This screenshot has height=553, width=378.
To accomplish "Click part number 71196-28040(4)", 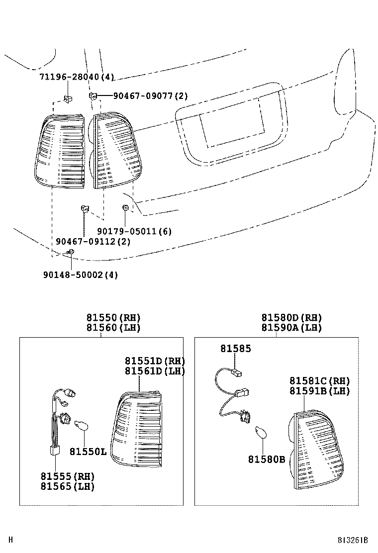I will (x=77, y=77).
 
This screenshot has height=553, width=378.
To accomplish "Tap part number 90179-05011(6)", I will (x=134, y=231).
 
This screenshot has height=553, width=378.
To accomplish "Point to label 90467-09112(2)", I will (x=93, y=242).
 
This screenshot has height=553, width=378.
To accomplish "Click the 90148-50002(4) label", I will (x=80, y=275).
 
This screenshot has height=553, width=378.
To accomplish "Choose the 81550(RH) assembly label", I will (x=113, y=318).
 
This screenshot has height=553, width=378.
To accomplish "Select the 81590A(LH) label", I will (x=291, y=328).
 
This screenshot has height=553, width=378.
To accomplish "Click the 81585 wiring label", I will (x=236, y=349).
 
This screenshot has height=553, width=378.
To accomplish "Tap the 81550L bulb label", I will (x=88, y=452).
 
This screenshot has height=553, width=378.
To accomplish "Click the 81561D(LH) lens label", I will (x=155, y=371).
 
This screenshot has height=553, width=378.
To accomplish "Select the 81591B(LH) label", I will (x=320, y=391).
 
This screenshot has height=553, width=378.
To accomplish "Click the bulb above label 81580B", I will (x=261, y=433).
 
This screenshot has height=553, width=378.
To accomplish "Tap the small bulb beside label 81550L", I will (x=80, y=425).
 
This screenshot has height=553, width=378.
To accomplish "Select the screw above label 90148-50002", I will (x=71, y=254).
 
